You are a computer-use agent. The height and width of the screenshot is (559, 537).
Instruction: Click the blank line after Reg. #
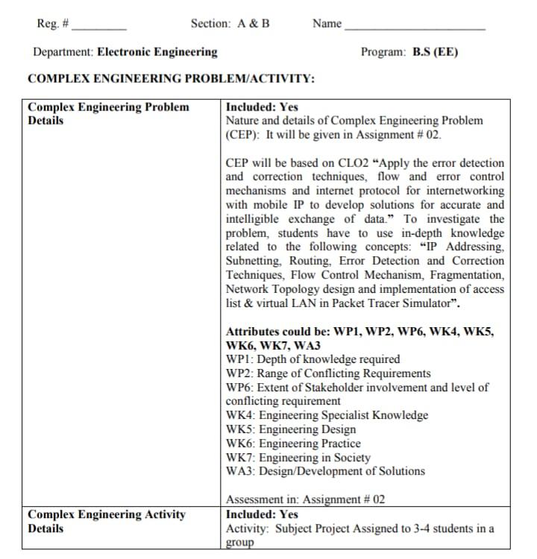pos(98,27)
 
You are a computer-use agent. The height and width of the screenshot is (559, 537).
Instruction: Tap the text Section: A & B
pos(230,23)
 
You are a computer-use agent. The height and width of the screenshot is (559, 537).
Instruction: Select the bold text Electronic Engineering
pos(157,52)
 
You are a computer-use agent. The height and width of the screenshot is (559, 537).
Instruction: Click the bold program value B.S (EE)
pos(436,52)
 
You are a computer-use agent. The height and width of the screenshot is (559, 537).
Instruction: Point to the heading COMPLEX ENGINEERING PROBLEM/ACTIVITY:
pos(171,79)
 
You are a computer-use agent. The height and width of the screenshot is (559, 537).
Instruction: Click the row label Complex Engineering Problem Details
pos(108,113)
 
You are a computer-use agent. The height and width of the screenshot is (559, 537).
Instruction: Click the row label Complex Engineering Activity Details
pos(107,521)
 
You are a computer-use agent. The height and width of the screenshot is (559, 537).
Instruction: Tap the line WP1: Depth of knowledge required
pos(313,359)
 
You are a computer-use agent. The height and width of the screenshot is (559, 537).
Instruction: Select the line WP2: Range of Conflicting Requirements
pos(328,373)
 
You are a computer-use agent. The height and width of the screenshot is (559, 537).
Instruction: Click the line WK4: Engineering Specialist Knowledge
pos(327,415)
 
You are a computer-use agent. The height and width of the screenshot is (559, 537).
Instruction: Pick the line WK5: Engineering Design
pos(291,429)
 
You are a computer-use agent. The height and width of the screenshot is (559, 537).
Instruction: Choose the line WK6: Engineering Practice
pos(293,443)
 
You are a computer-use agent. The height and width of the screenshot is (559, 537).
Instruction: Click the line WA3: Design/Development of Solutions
pos(325,471)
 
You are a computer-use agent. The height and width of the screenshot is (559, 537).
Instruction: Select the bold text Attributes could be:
pos(278,332)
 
